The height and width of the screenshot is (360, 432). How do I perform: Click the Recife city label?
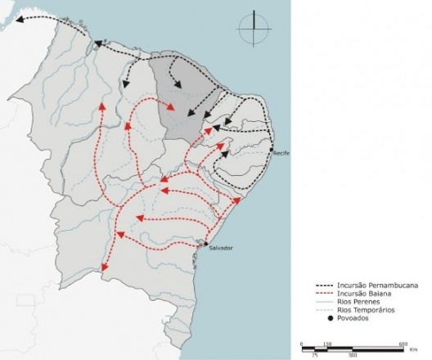click(283, 154)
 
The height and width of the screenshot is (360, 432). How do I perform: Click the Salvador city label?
click(220, 248)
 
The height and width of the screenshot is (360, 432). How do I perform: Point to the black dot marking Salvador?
click(203, 242)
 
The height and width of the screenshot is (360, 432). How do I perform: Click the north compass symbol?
click(254, 29)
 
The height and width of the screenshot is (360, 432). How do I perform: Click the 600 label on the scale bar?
click(403, 343)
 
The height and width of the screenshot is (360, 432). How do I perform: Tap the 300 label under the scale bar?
click(353, 355)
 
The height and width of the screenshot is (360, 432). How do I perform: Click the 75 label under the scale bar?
click(315, 355)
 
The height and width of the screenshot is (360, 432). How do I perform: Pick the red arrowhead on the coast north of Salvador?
click(237, 199)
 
